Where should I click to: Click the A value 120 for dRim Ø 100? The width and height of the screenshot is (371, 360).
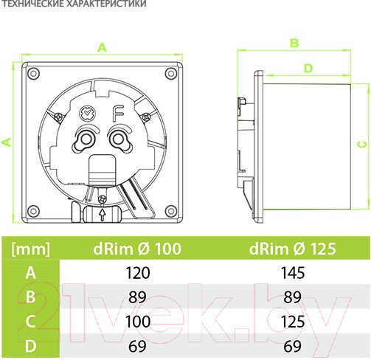pos(137,273)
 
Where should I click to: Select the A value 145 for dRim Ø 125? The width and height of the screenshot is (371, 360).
pos(293,273)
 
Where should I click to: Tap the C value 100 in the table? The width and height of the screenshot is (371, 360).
pos(137,322)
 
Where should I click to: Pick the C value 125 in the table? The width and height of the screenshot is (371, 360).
pos(293,322)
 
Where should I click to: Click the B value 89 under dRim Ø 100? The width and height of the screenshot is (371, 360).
pos(137,297)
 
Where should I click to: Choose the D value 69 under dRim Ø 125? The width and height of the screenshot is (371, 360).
pos(293,346)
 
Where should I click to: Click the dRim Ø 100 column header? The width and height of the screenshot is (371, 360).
pos(137,249)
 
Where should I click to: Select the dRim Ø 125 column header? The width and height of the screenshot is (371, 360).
pos(292,249)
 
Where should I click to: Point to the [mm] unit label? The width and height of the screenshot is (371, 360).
pos(30,249)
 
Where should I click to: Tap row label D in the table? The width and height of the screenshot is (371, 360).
pos(30,346)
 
